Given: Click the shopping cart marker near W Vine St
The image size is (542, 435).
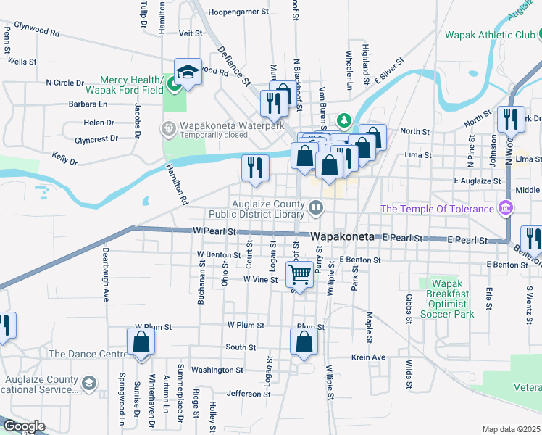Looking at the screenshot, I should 300,274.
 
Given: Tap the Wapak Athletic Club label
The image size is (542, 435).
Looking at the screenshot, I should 489,35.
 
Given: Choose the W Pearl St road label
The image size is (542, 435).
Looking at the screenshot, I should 215,231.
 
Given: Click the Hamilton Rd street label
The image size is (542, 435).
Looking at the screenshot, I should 177,182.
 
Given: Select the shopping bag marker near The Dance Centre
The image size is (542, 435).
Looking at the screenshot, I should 141,343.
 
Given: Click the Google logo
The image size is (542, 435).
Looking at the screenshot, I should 23,426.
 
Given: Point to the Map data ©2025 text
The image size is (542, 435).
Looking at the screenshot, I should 512,429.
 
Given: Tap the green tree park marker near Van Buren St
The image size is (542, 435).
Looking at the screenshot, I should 346,120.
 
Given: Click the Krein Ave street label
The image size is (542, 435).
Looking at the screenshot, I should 368,357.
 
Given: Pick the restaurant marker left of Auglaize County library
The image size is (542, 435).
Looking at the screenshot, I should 255,168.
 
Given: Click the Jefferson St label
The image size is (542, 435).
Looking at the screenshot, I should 249,394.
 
